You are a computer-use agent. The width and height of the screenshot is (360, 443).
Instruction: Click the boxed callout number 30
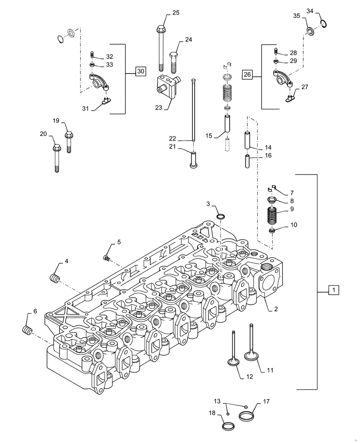pos(140,71)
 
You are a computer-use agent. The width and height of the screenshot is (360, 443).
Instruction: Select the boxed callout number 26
pos(247,75)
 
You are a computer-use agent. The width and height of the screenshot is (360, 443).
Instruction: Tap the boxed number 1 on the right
pos(333,290)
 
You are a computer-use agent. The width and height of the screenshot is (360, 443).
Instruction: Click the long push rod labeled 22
pos(194,109)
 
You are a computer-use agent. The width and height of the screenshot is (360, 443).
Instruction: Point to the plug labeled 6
pos(28,330)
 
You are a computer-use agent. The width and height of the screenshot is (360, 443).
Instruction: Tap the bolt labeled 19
pos(68,141)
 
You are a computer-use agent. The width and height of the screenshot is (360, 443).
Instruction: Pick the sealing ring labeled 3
pos(220,217)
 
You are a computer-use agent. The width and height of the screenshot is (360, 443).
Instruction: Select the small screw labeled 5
pos(106,257)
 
